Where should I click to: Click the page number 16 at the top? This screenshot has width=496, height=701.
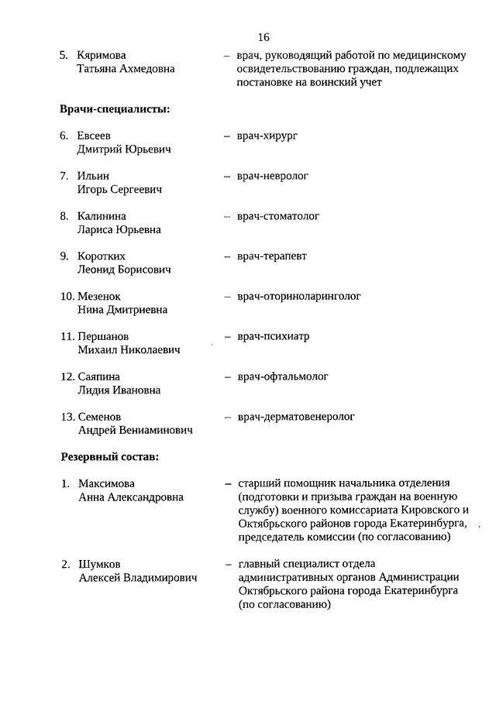coord(263,37)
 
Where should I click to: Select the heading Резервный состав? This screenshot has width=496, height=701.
coord(110,457)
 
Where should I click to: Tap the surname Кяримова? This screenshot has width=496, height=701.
coord(102,56)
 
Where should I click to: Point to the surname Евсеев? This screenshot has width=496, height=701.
coord(95,136)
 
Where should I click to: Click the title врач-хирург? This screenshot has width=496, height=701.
coord(268,136)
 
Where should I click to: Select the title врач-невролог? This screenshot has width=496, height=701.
coord(273,176)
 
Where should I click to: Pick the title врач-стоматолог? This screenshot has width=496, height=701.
coord(278,216)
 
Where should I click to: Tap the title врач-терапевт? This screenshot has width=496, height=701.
coord(272,256)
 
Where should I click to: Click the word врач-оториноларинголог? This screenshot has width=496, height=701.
coord(299,296)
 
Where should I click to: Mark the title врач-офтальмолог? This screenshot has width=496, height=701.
coord(283,376)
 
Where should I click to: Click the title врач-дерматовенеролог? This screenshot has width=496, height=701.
coord(296,417)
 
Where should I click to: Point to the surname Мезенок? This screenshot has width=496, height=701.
coord(99,297)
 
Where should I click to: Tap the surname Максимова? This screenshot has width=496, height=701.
coord(106,483)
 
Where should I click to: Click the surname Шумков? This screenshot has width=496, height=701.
coord(99,564)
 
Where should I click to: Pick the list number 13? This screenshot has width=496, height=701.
coord(67,417)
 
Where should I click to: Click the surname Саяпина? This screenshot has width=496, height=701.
coord(98,376)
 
